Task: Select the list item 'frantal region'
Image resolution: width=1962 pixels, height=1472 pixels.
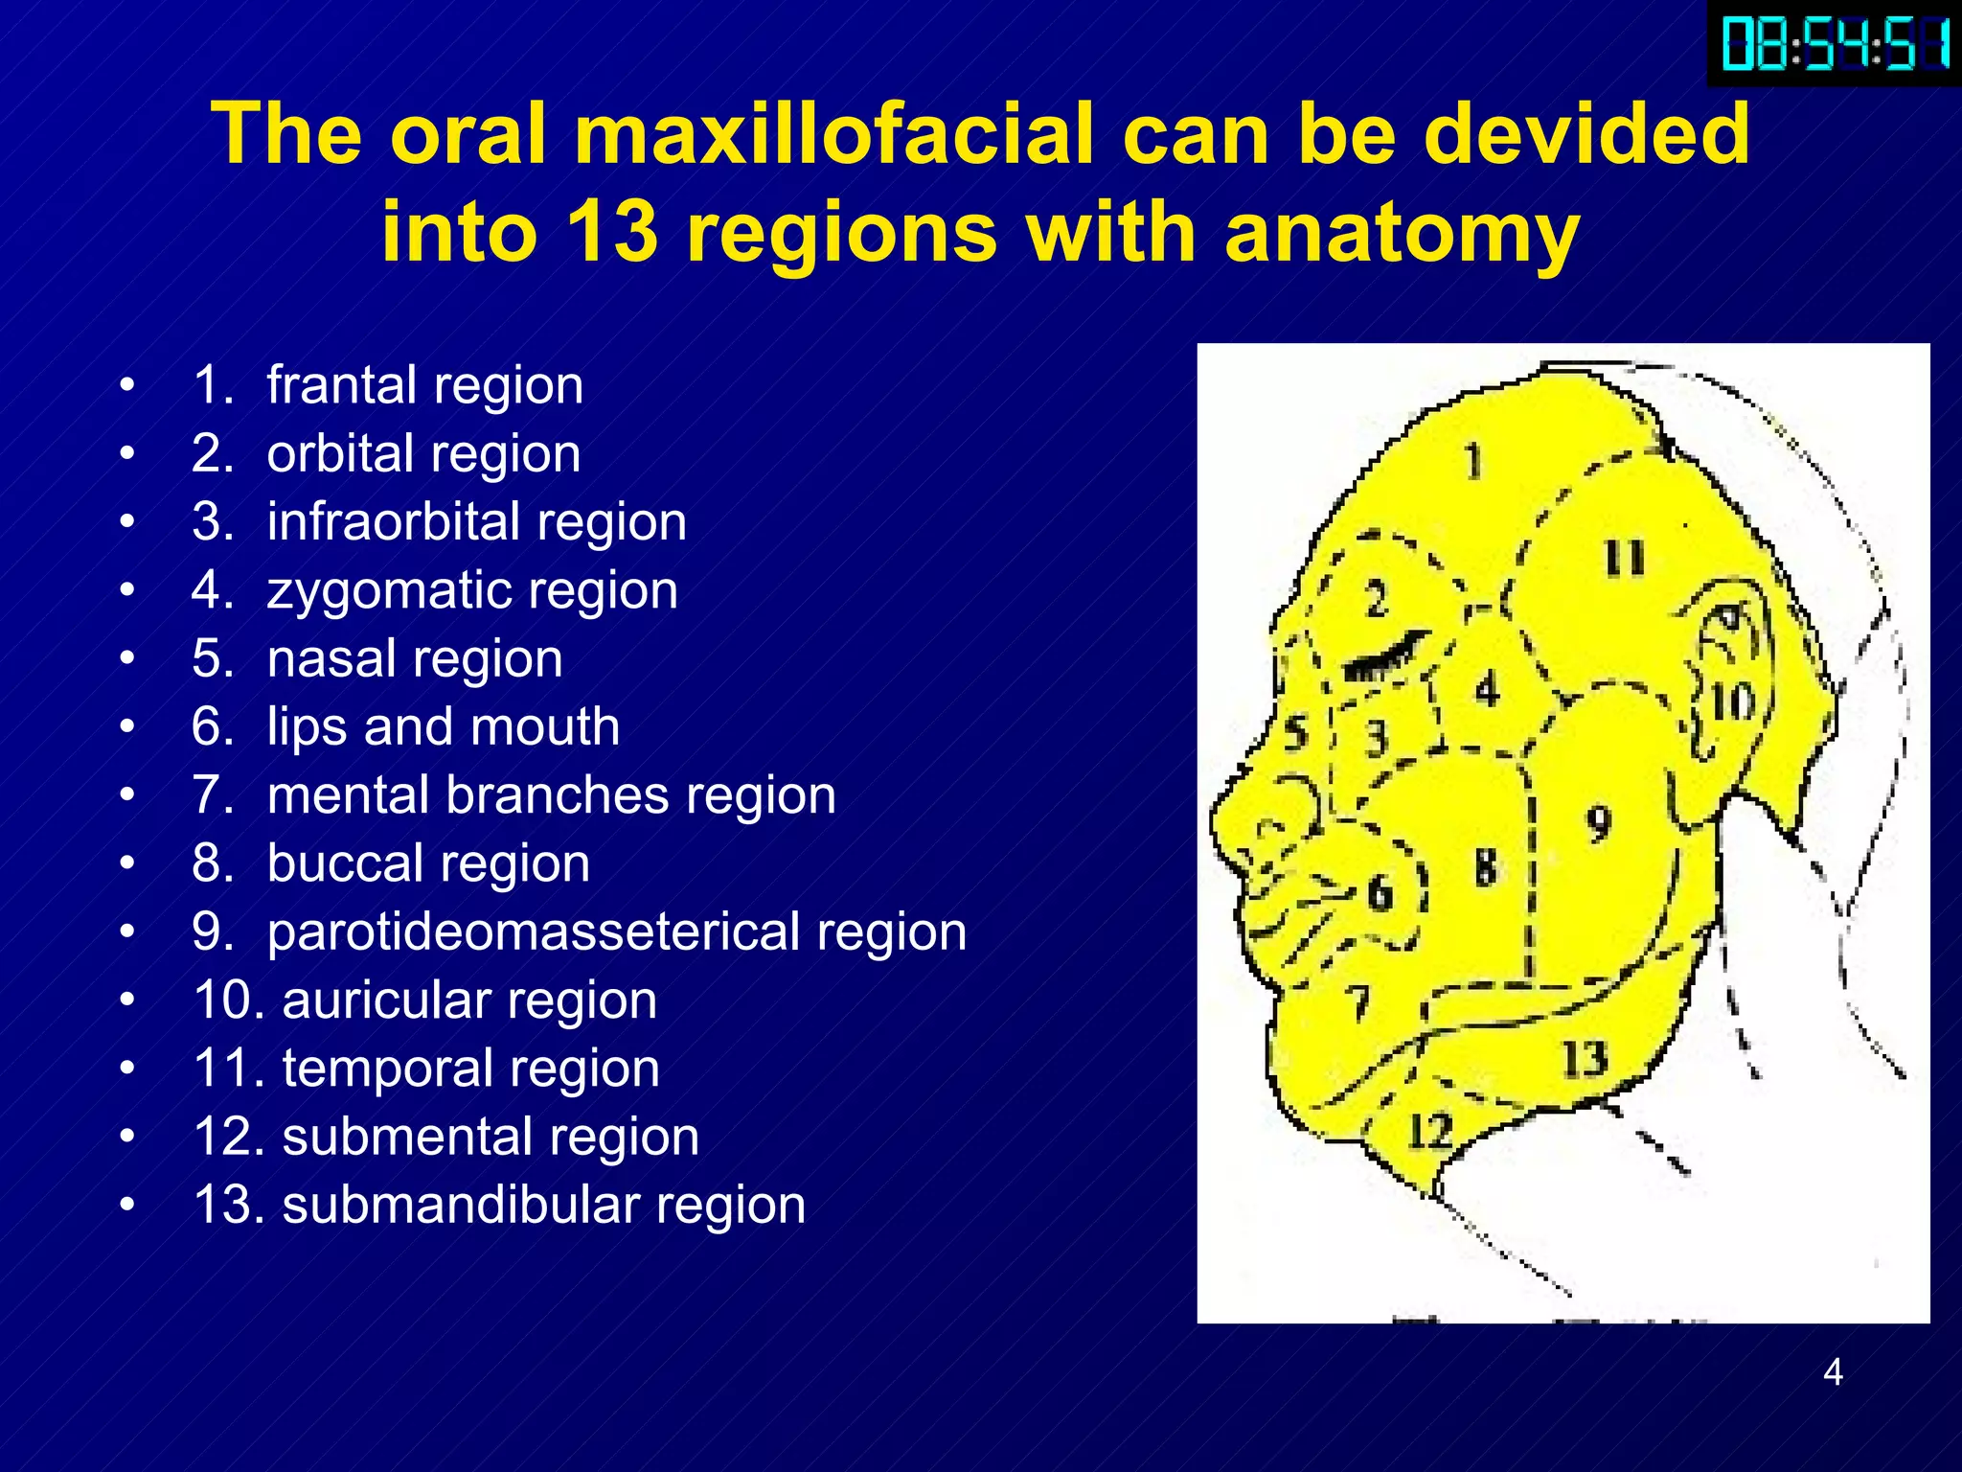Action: click(424, 385)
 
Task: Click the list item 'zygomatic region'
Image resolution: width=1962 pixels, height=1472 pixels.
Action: click(472, 590)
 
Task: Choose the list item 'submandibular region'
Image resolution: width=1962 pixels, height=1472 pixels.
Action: click(543, 1205)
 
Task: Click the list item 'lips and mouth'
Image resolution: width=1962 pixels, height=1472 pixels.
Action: click(443, 726)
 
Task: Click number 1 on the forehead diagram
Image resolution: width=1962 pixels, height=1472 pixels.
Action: click(1473, 461)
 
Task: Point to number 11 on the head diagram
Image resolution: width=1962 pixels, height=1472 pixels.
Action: click(1625, 559)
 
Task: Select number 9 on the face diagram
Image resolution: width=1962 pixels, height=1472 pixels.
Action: click(1598, 822)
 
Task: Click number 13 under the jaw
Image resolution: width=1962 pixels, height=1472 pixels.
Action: click(1585, 1059)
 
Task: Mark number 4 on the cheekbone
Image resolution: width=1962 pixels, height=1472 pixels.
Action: click(1487, 689)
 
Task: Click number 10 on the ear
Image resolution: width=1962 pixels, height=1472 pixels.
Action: click(1733, 703)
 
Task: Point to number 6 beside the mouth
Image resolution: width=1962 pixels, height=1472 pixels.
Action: click(1380, 893)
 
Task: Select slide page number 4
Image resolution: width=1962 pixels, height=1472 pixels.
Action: click(1833, 1372)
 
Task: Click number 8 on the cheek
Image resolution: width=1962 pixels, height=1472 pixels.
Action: click(1486, 867)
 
